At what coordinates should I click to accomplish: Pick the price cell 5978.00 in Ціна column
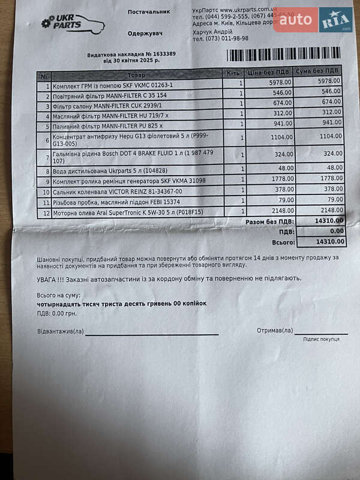point(278,82)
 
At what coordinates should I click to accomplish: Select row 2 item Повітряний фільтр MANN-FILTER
point(110,95)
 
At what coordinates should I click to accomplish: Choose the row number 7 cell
point(46,157)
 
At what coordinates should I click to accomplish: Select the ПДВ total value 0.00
point(337,231)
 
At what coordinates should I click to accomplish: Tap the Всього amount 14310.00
point(331,241)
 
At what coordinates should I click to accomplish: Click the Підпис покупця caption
point(320,339)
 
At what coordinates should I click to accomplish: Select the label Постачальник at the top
point(148,11)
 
